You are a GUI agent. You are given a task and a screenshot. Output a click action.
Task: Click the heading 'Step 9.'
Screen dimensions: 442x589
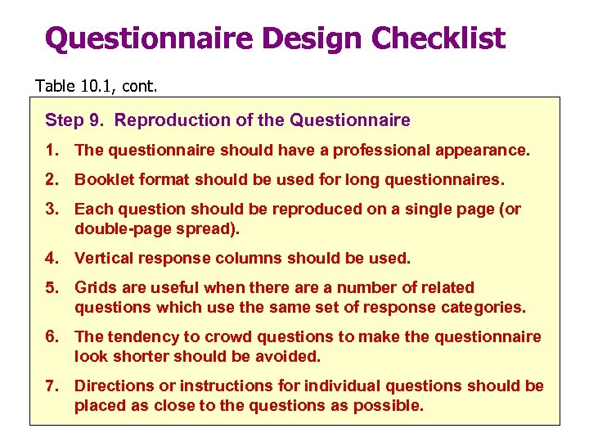pos(75,120)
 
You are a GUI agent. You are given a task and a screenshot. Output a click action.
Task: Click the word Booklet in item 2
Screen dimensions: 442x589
pos(101,179)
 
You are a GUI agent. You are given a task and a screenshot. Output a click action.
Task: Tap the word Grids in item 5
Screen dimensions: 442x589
pos(94,287)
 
